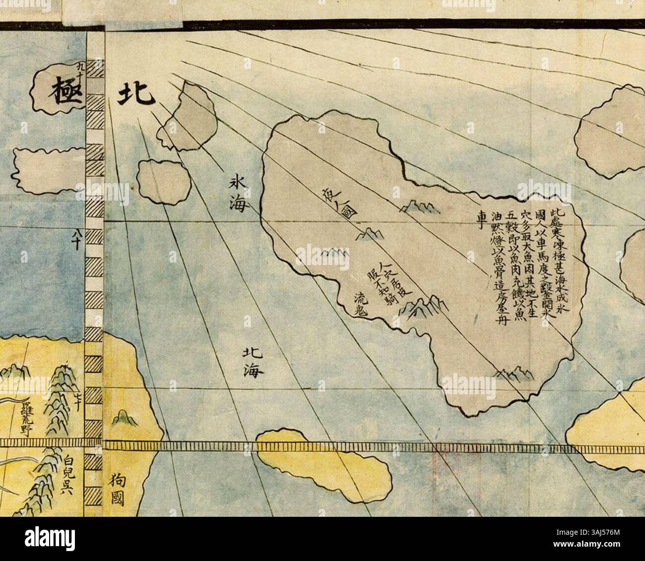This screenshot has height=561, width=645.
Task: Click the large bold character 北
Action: click(x=135, y=94)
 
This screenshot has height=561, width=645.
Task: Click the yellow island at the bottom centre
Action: click(x=322, y=464)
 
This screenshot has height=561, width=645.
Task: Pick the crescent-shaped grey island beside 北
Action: click(x=191, y=119)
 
